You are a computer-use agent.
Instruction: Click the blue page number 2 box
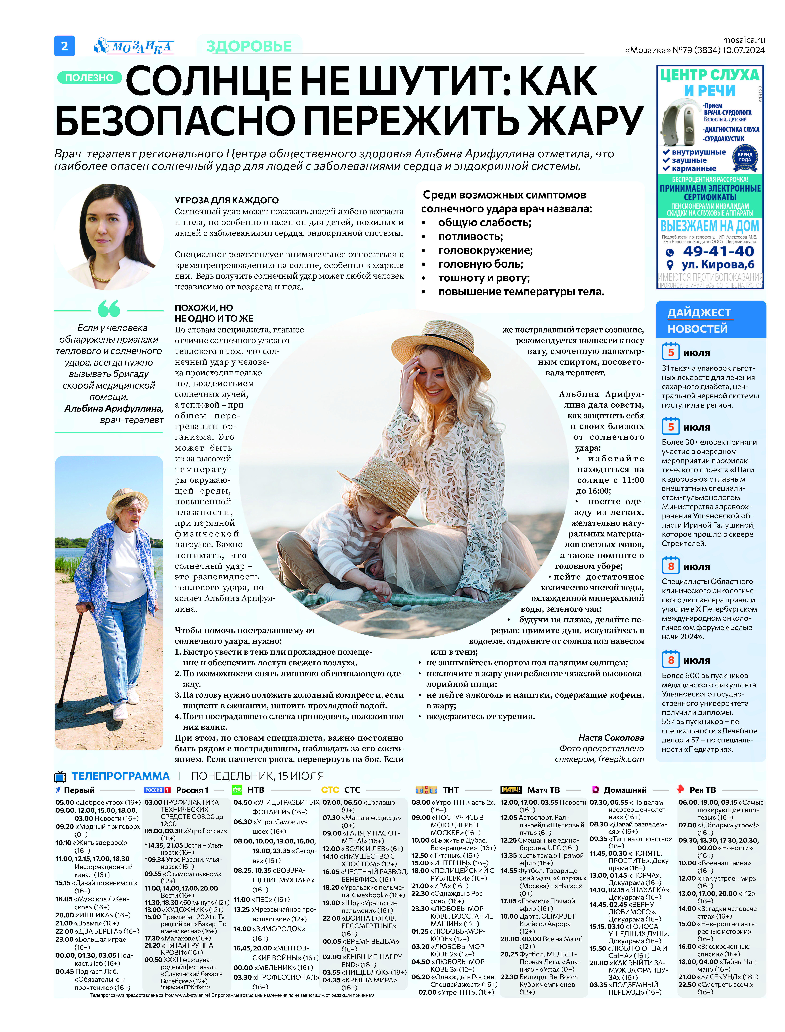pos(65,46)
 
